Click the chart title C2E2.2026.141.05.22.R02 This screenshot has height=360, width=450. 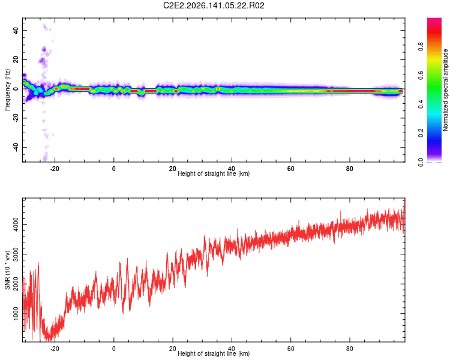tap(214, 5)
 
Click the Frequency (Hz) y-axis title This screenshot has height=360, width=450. tap(7, 89)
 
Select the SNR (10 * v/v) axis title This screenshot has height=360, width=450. tap(7, 270)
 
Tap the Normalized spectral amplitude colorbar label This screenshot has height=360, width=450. tap(445, 90)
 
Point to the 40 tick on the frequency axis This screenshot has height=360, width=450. tap(16, 30)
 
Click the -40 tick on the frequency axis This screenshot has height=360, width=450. tap(16, 146)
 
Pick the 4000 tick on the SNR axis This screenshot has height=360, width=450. tap(16, 224)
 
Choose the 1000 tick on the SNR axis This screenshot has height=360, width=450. tap(16, 313)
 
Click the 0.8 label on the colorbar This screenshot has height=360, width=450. tap(421, 46)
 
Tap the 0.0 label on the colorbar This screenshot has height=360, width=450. tap(421, 162)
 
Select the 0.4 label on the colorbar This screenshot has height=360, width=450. tap(421, 104)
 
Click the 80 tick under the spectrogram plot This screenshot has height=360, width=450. tap(350, 169)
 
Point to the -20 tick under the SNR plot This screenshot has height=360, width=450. tap(55, 349)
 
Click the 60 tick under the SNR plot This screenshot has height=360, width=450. tap(291, 349)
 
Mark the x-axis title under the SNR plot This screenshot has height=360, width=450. tap(214, 353)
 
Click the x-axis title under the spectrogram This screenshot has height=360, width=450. tap(214, 173)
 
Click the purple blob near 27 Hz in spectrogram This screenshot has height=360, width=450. tap(44, 49)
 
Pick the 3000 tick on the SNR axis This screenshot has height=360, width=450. tap(16, 254)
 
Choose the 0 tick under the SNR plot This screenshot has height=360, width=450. tap(113, 349)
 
